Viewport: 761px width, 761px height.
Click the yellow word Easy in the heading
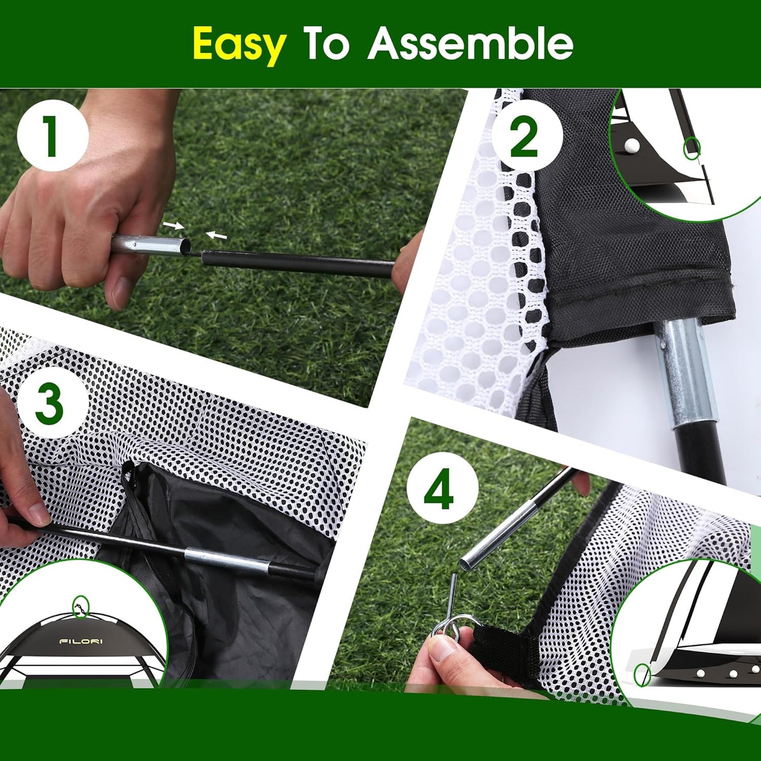coord(239,45)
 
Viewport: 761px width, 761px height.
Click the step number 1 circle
coord(52,136)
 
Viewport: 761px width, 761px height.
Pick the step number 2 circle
coord(524,136)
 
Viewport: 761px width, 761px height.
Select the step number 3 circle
coord(50,402)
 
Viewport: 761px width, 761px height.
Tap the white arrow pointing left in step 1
coord(216,235)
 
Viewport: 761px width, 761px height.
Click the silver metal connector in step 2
coord(685,369)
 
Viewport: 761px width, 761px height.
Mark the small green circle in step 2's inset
coord(691,149)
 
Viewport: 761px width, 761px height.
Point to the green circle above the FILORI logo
coord(81,607)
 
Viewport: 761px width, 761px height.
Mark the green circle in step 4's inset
coord(642,675)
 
